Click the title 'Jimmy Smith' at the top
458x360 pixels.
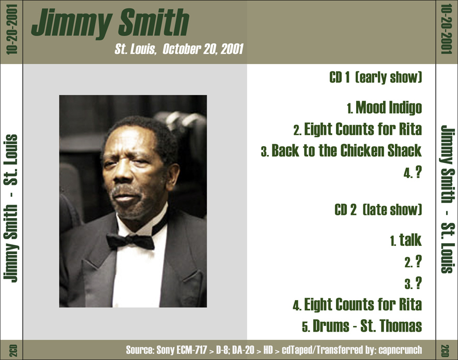pos(111,23)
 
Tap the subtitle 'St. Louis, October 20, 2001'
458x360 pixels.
pos(179,49)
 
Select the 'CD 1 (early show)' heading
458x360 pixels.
pos(376,77)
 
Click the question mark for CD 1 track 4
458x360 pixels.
pos(419,173)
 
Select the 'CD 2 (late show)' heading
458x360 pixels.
pos(378,210)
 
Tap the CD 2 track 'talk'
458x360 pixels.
pos(410,240)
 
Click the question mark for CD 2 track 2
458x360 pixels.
pos(419,262)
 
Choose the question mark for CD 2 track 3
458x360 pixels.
pos(419,283)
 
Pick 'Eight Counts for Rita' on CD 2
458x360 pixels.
pos(363,304)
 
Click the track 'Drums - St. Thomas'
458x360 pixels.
pos(367,326)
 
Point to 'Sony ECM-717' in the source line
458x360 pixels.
pos(181,350)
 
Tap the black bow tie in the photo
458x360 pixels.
pos(130,241)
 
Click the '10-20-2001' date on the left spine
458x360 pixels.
pos(12,29)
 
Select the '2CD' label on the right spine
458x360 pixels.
pos(446,350)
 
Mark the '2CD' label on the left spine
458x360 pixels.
pos(13,350)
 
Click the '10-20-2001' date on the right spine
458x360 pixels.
pos(446,29)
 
